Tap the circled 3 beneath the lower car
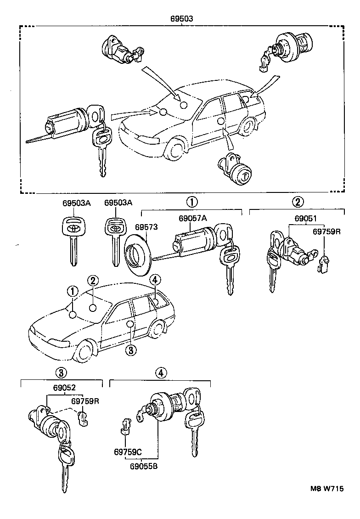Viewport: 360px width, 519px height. point(130,350)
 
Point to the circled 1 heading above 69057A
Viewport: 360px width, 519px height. point(191,201)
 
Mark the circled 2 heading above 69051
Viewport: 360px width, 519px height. point(298,201)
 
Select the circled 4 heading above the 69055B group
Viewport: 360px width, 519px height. point(159,372)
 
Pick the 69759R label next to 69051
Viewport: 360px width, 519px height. point(326,232)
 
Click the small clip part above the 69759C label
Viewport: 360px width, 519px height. point(124,426)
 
